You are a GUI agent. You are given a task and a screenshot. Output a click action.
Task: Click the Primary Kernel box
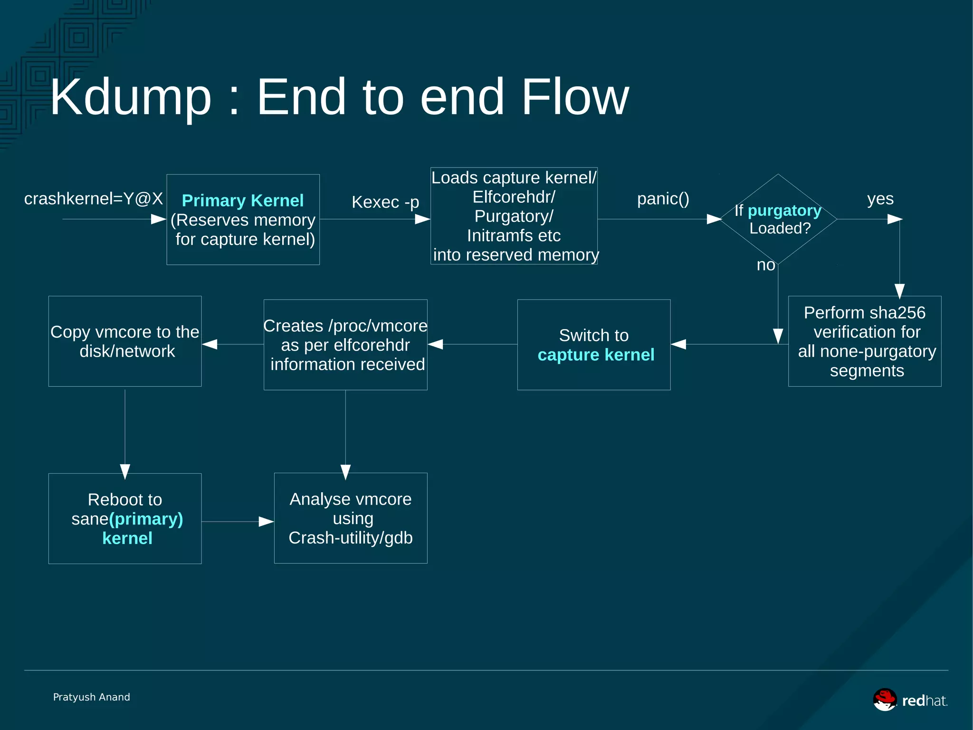(x=243, y=219)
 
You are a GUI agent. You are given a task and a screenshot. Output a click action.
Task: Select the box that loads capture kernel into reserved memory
(x=514, y=216)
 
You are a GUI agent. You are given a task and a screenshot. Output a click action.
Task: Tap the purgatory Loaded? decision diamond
(x=778, y=219)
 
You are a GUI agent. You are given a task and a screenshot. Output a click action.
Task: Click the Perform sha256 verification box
(x=865, y=341)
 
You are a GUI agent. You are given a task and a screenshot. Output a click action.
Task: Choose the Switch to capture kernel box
(x=594, y=345)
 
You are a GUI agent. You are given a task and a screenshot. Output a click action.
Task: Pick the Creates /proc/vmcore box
(x=345, y=345)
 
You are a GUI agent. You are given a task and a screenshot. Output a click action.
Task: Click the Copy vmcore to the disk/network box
(x=125, y=341)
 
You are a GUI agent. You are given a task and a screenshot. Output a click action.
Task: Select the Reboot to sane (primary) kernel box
(x=125, y=518)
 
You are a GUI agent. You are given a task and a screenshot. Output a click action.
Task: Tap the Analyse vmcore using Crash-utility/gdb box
(x=351, y=518)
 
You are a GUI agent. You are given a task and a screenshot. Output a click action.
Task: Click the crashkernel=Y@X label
(x=94, y=198)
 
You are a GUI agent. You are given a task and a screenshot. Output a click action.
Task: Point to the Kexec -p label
(x=385, y=202)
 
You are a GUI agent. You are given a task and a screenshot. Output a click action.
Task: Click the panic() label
(x=663, y=198)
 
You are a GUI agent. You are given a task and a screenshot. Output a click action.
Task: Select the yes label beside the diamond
(x=880, y=198)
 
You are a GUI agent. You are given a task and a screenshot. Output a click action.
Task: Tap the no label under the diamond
(x=766, y=265)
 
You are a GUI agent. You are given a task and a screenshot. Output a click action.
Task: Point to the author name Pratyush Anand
(x=91, y=697)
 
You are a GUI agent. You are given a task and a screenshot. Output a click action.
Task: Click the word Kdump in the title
(x=131, y=97)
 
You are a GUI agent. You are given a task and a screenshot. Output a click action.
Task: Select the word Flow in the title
(x=575, y=97)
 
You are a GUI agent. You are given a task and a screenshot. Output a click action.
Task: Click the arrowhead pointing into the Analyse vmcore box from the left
(x=266, y=522)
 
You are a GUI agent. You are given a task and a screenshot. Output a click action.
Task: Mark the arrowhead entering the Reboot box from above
(x=125, y=472)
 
